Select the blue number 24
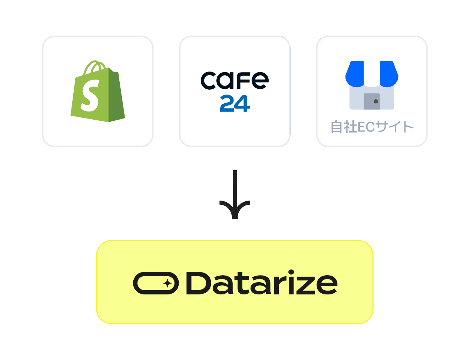(x=235, y=103)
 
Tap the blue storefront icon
(x=372, y=85)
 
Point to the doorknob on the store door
(x=376, y=102)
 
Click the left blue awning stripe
(x=355, y=73)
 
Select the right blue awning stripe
(x=389, y=73)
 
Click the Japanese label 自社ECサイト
(x=372, y=127)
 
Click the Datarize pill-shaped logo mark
(x=156, y=283)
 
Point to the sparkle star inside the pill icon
(x=168, y=283)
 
